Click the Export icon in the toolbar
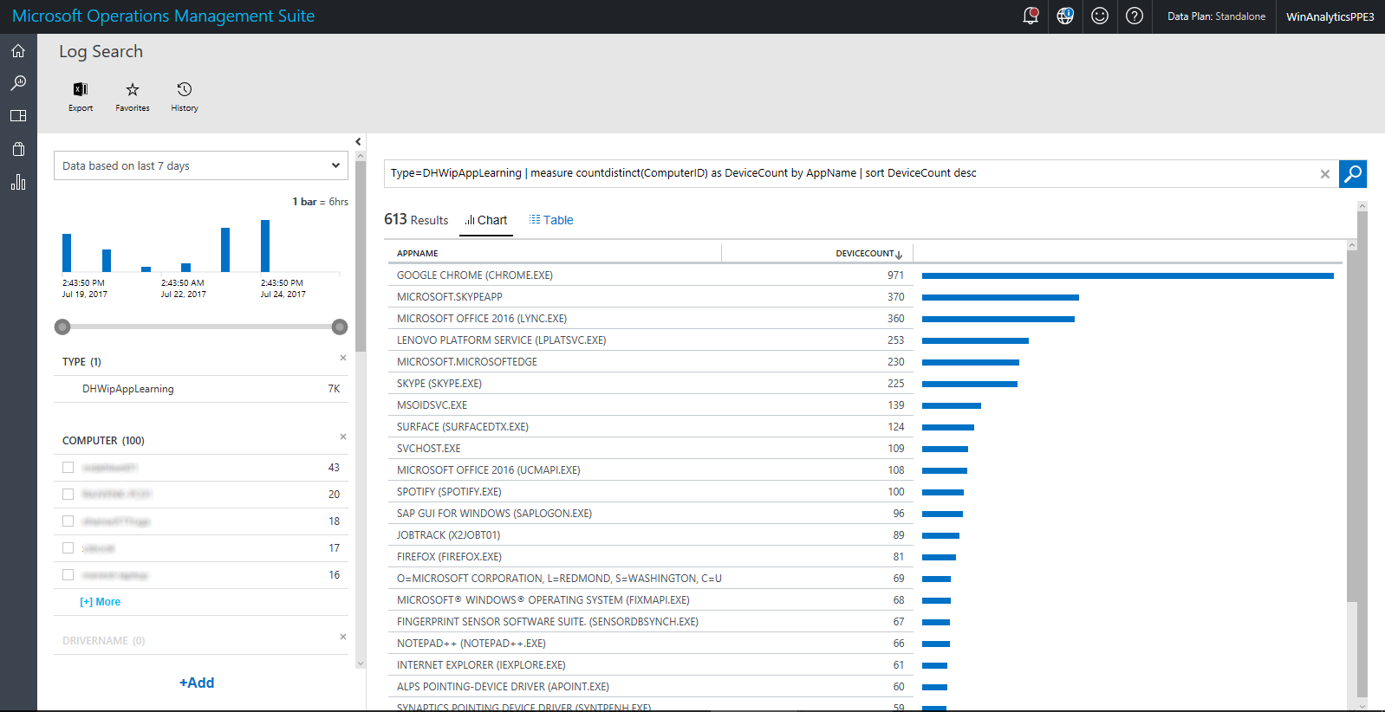point(81,90)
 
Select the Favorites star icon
point(133,90)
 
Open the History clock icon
point(185,90)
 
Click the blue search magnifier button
point(1352,174)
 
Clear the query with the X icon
point(1324,174)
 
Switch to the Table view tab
point(551,220)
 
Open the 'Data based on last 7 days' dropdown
point(201,165)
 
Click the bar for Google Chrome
point(1127,275)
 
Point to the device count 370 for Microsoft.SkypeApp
point(895,297)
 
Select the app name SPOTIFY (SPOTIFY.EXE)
point(449,492)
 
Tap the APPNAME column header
point(418,254)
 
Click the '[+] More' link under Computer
point(101,602)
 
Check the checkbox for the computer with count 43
point(68,468)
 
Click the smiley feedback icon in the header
point(1100,16)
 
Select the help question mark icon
point(1135,16)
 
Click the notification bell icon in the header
point(1031,16)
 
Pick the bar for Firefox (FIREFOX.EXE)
point(939,557)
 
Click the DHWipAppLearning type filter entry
point(128,389)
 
